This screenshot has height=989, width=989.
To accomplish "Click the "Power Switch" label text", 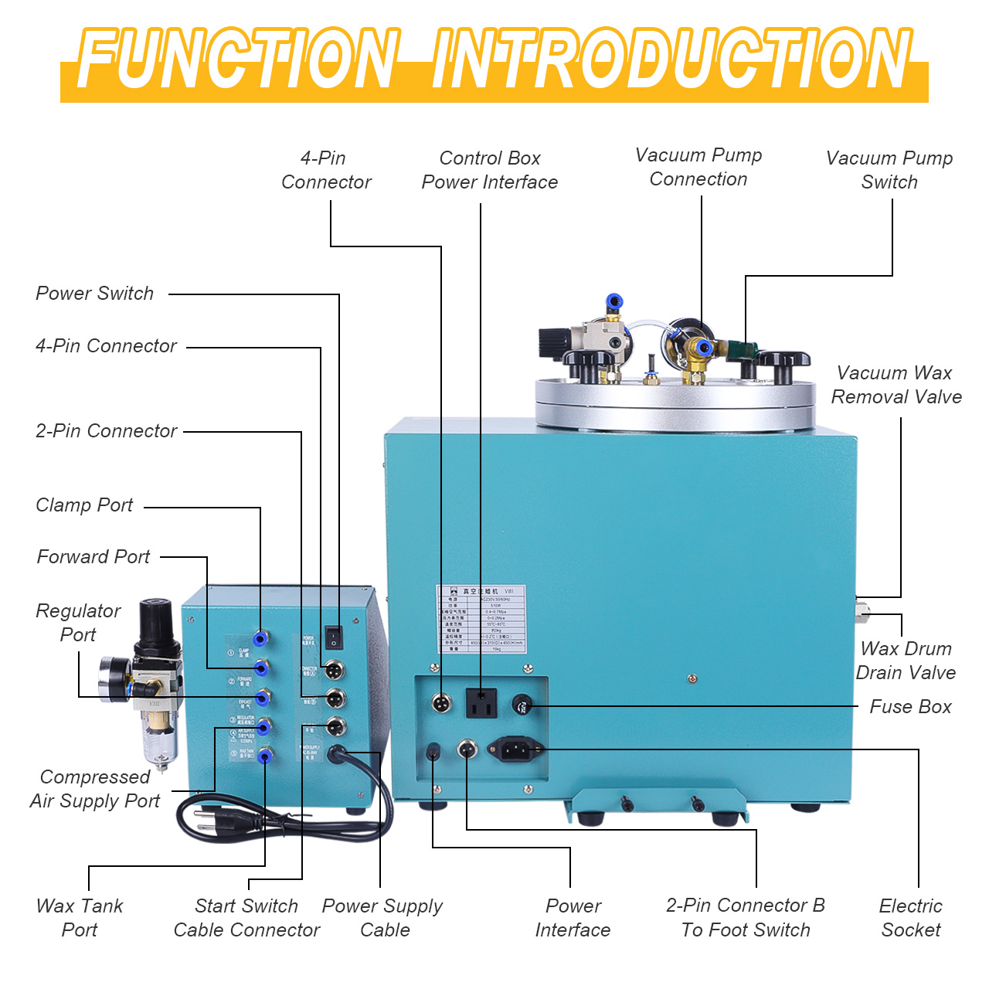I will tap(95, 294).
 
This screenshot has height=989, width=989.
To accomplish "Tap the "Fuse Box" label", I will tap(910, 706).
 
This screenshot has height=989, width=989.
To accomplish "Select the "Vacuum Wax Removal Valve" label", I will tap(896, 385).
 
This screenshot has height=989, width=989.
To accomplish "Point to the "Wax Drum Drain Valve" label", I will tap(906, 661).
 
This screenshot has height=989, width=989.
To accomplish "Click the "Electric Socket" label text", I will tap(911, 917).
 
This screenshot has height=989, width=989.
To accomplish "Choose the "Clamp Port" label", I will tap(84, 505).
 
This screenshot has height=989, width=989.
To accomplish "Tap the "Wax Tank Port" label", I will tap(80, 917).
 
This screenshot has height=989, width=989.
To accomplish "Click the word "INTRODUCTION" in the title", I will tap(672, 60).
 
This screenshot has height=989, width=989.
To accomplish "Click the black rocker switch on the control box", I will tap(333, 637).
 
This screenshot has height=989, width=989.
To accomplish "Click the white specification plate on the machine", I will tap(481, 619).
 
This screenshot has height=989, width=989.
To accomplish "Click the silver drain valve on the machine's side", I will tap(862, 612).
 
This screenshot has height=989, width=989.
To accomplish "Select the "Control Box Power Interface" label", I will tap(489, 170).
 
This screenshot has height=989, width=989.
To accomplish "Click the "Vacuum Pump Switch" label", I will tap(889, 170).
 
